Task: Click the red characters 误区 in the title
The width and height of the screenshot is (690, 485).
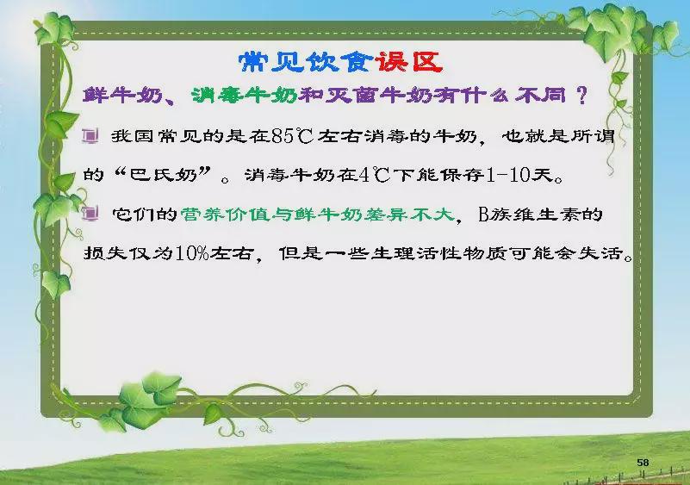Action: [409, 62]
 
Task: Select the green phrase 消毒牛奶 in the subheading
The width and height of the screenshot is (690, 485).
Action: [245, 95]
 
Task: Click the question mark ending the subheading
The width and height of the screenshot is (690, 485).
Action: [581, 95]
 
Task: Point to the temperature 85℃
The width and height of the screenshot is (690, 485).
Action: [292, 136]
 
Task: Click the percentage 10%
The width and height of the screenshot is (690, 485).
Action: [192, 253]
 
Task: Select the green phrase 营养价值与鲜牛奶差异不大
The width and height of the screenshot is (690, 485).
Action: [317, 215]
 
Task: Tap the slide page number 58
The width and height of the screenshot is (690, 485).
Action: [643, 462]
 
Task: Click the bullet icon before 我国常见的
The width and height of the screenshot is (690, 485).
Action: [90, 135]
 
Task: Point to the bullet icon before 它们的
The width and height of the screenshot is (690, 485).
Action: [90, 214]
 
